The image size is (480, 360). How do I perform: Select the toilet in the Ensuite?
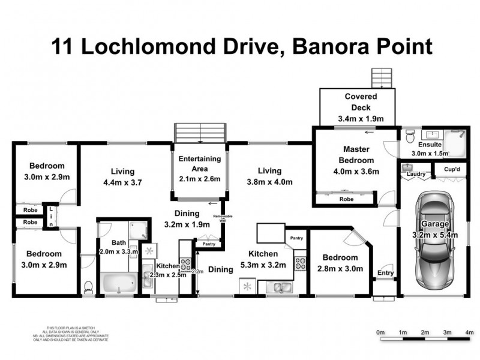click(x=410, y=137)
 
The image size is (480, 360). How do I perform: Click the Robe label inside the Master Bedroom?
click(x=346, y=199)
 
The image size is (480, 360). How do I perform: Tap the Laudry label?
click(x=416, y=175)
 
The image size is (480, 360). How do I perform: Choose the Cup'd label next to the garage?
click(x=452, y=170)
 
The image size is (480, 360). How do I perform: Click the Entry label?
click(x=385, y=274)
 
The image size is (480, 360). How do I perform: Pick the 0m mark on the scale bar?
click(x=380, y=332)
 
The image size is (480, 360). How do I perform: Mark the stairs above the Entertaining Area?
click(x=200, y=132)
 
